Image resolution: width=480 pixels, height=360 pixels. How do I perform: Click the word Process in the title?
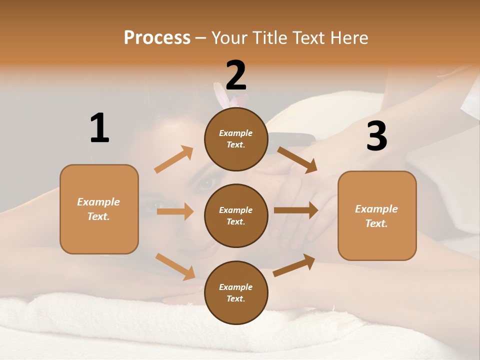click(157, 38)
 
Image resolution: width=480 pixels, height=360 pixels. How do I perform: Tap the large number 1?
click(99, 128)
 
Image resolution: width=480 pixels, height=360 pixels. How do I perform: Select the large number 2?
click(236, 75)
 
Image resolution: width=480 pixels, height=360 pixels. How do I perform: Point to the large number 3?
click(376, 136)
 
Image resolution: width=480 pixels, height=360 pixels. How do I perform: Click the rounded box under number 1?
click(99, 209)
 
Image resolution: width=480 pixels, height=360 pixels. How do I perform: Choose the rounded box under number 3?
click(377, 215)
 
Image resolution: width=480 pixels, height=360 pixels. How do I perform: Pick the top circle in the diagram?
click(236, 139)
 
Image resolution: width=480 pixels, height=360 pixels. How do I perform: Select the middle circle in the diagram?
click(236, 215)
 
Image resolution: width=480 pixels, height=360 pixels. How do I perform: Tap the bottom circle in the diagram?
click(236, 292)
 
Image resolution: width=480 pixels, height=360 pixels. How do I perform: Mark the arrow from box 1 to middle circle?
click(175, 211)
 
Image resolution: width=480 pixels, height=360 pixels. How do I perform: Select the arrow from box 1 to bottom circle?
click(175, 266)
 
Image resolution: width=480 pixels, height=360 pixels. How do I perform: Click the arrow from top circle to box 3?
click(297, 159)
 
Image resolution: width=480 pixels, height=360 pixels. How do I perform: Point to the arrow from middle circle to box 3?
click(296, 210)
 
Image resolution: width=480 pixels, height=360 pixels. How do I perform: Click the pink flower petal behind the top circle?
click(220, 95)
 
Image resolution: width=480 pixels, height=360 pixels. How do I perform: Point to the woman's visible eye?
click(205, 184)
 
